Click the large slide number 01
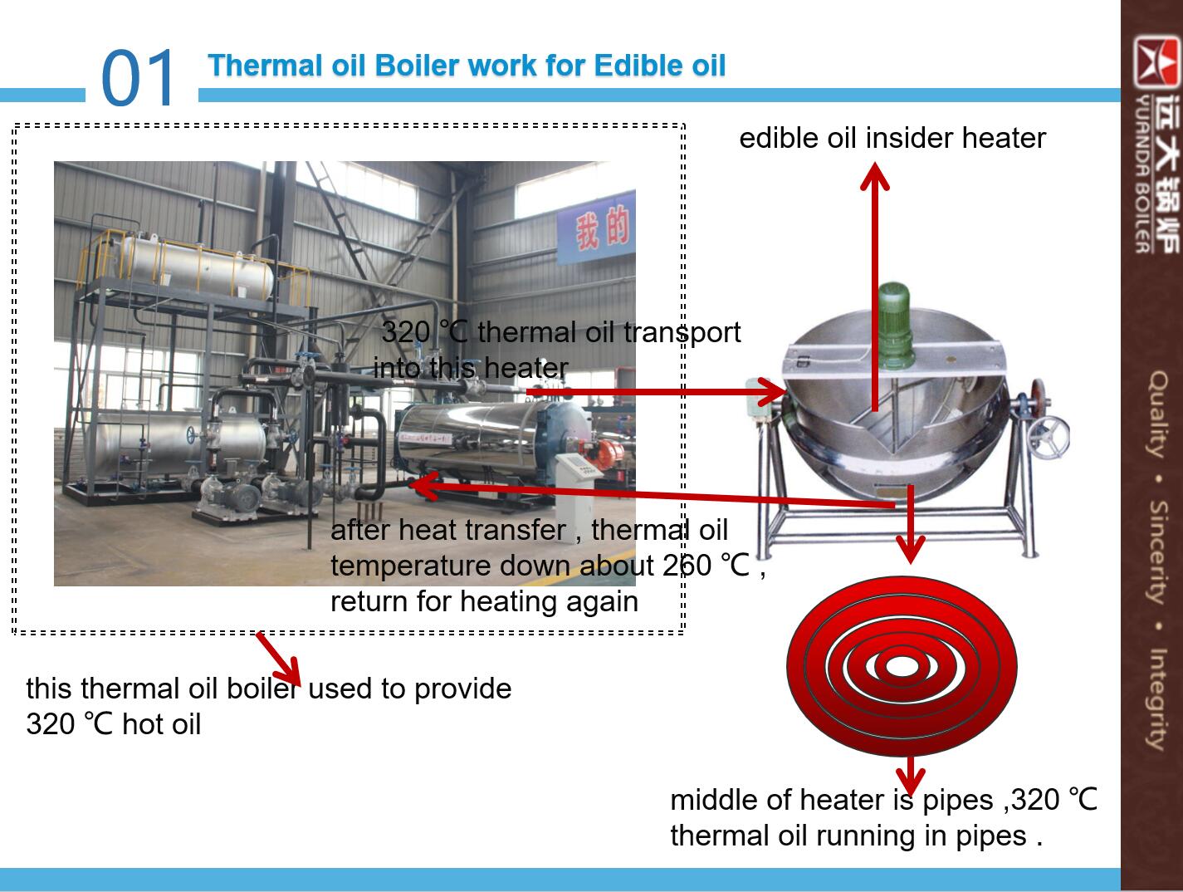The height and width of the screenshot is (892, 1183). click(x=137, y=77)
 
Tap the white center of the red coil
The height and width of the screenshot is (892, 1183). click(x=901, y=667)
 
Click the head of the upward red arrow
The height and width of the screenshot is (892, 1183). click(x=874, y=176)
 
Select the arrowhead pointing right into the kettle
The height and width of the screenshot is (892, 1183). click(x=772, y=392)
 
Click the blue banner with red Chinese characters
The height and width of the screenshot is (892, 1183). click(x=596, y=228)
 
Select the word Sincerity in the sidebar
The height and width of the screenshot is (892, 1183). click(x=1159, y=552)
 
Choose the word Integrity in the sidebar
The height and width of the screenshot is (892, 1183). click(x=1159, y=699)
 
